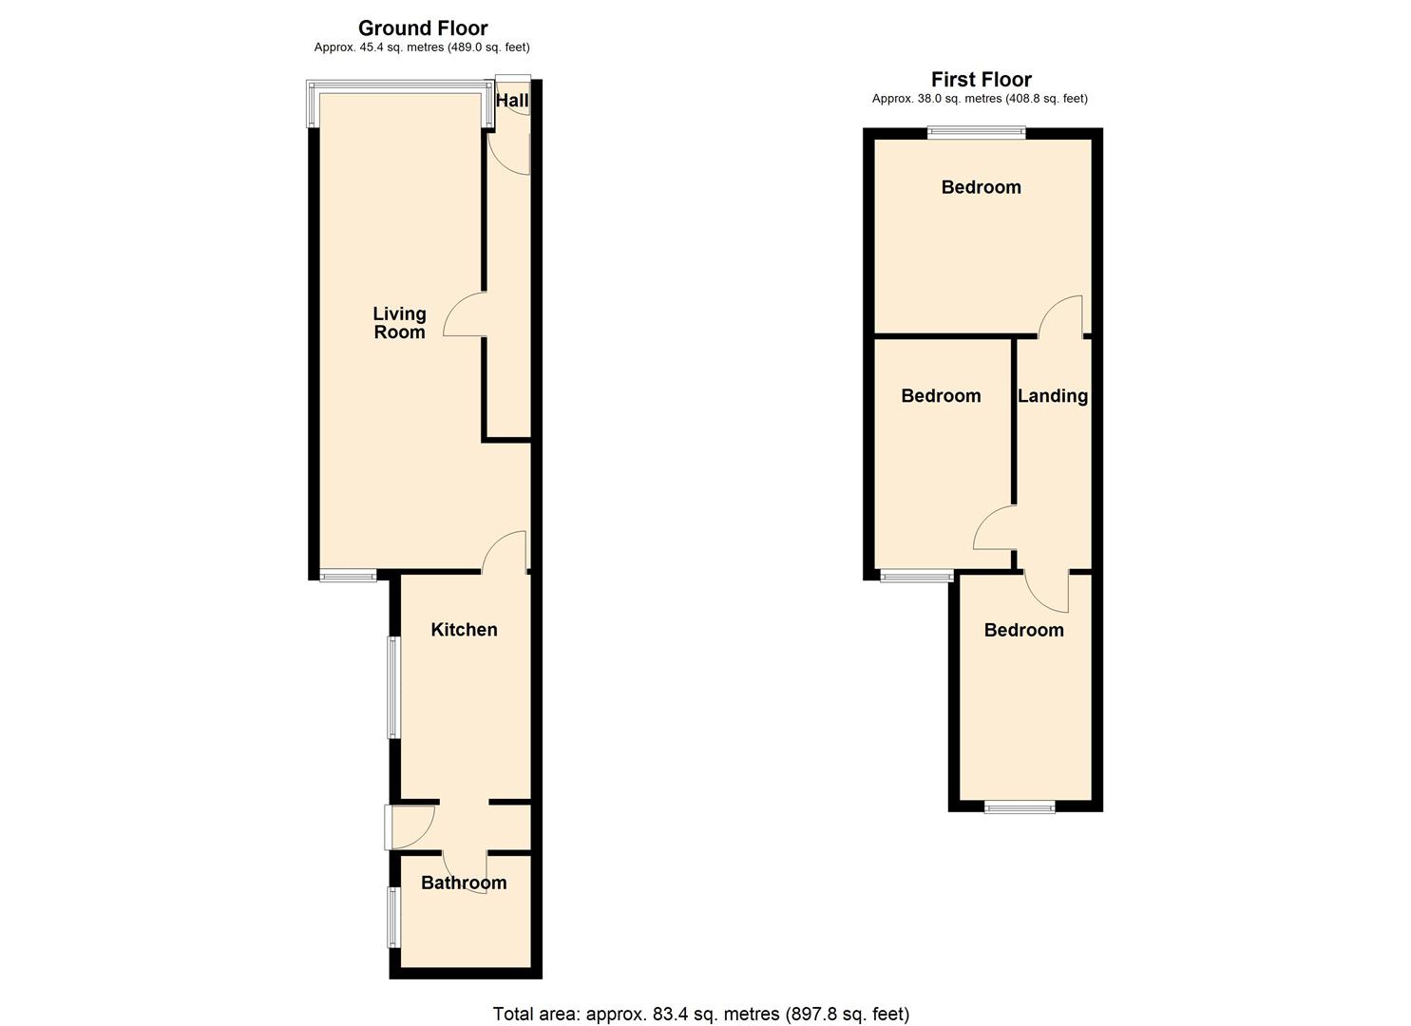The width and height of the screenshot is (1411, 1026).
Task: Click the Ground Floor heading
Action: pos(422,28)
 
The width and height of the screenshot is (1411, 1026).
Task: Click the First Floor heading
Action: pos(981,79)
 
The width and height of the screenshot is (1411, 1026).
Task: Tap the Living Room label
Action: pos(399,322)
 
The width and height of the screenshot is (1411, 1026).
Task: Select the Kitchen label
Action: pos(464,629)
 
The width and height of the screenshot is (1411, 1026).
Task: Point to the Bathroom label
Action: pos(464,883)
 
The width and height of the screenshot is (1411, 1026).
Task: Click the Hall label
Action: pos(512,101)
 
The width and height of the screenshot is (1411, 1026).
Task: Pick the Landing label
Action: pos(1052,395)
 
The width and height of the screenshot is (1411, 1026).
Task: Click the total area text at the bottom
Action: pos(700,1014)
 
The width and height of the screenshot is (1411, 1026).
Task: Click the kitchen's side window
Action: pos(392,687)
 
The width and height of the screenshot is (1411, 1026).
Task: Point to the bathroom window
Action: pos(392,917)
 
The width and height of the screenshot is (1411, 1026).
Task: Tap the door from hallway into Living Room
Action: pos(466,315)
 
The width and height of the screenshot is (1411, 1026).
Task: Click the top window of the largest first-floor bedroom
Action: pos(976,134)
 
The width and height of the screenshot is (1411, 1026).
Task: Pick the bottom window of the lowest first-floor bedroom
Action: pos(1020,807)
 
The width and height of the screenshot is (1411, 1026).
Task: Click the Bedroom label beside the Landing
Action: pos(941,395)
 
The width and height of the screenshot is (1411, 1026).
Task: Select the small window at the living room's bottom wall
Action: pos(347,574)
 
